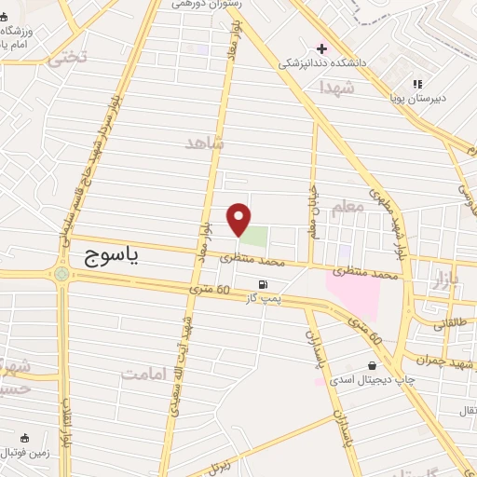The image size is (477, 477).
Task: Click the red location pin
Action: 239,218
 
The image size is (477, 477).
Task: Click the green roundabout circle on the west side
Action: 62,275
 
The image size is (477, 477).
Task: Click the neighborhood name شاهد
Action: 205,143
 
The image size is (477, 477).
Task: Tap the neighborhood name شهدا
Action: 335,87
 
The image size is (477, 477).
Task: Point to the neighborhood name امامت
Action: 147,373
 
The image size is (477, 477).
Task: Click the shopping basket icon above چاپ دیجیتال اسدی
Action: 373,364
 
